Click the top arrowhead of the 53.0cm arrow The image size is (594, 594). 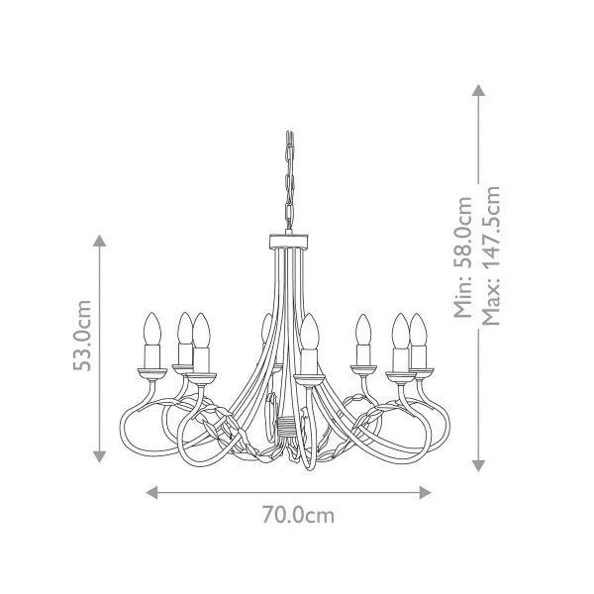tap(99, 242)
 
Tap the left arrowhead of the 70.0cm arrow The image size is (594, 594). tap(151, 492)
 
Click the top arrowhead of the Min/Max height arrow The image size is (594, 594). tap(478, 90)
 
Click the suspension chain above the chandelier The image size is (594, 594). tap(289, 183)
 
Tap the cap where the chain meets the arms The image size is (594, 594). tap(289, 241)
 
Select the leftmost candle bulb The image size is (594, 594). tap(153, 327)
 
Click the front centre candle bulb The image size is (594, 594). tap(309, 330)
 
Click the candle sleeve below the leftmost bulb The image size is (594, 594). tap(153, 353)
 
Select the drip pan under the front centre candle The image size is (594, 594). tap(309, 376)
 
